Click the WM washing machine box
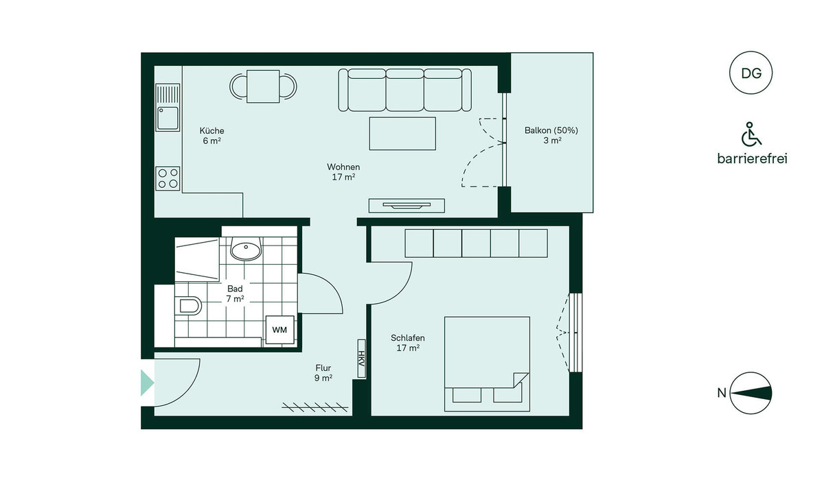(280, 330)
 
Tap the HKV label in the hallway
(362, 359)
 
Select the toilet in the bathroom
(189, 306)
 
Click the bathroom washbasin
(246, 249)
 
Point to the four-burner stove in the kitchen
(168, 178)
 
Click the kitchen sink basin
(168, 118)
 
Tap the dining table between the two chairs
(263, 86)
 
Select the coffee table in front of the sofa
(402, 134)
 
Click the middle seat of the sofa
(404, 90)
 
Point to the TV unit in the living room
(407, 206)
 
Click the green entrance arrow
(147, 383)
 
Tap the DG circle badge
(751, 73)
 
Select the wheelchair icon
(751, 134)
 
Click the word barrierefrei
(753, 158)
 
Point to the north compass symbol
(751, 393)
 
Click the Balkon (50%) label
(551, 130)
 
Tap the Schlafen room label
(408, 338)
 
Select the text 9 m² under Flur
(323, 378)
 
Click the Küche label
(212, 131)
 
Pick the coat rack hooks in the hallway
(315, 407)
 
